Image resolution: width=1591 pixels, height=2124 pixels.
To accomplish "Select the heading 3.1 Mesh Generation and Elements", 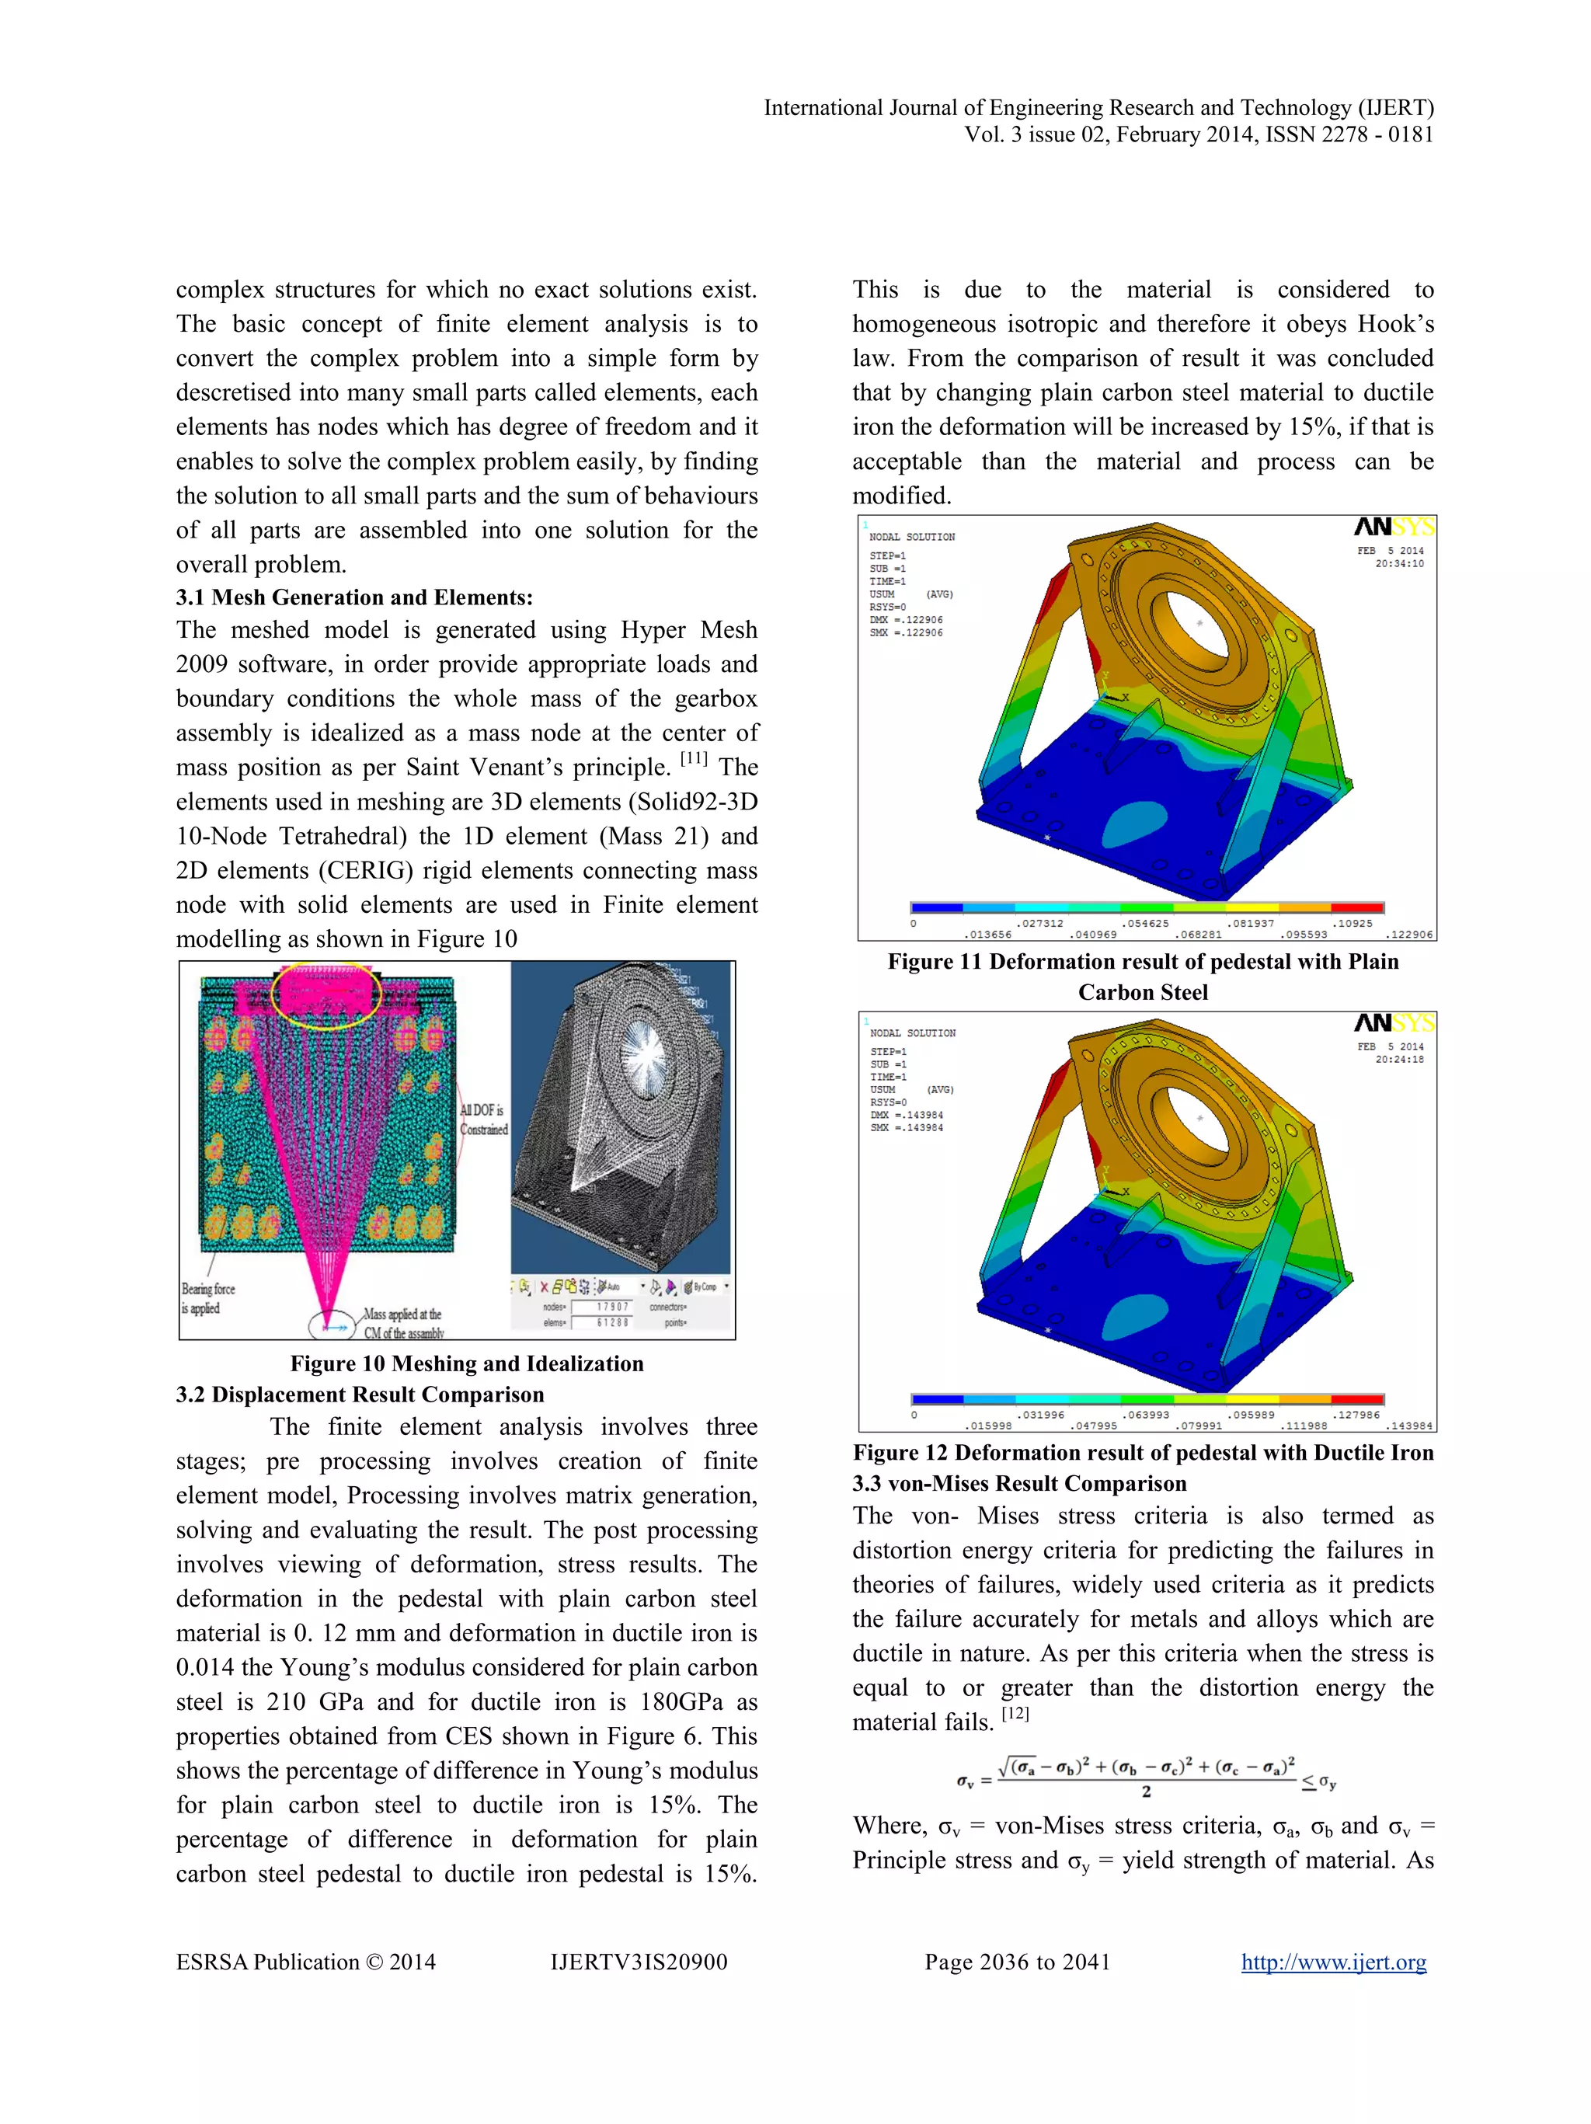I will pyautogui.click(x=353, y=597).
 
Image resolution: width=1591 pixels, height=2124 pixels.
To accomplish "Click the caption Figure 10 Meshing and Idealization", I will pyautogui.click(x=467, y=1363).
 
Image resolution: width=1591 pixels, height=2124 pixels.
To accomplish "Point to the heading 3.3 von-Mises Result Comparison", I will pyautogui.click(x=1018, y=1484).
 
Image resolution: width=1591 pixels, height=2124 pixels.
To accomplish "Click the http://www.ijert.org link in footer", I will pyautogui.click(x=1333, y=1962).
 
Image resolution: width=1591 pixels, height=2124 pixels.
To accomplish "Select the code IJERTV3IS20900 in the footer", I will pyautogui.click(x=639, y=1962).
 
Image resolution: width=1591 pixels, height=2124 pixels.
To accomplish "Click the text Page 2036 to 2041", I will pyautogui.click(x=1017, y=1962).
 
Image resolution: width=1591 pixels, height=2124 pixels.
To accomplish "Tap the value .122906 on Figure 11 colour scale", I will pyautogui.click(x=1408, y=935).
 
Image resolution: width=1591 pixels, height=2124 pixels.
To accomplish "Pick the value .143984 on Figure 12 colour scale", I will pyautogui.click(x=1408, y=1426).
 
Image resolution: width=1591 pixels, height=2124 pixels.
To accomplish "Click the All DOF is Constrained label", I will pyautogui.click(x=483, y=1119).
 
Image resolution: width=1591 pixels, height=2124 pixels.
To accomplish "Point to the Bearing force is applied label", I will pyautogui.click(x=207, y=1298).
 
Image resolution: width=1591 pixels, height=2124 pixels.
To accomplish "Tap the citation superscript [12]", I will pyautogui.click(x=1015, y=1713).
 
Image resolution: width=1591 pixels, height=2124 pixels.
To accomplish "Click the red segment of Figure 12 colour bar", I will pyautogui.click(x=1356, y=1399).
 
